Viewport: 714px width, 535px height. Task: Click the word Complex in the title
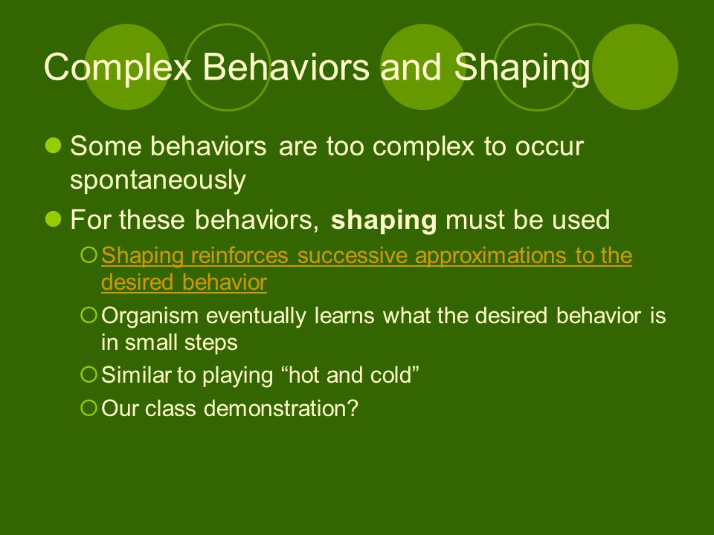pyautogui.click(x=118, y=68)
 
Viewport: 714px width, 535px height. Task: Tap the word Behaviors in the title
pyautogui.click(x=286, y=67)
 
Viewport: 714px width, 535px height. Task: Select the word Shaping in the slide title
pyautogui.click(x=522, y=68)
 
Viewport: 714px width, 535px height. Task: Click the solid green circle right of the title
pyautogui.click(x=635, y=67)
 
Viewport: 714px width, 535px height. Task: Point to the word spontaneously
pyautogui.click(x=158, y=180)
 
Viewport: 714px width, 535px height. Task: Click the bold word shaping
pyautogui.click(x=384, y=221)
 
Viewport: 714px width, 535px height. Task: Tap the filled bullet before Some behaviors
pyautogui.click(x=54, y=146)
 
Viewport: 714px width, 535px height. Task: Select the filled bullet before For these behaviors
pyautogui.click(x=54, y=218)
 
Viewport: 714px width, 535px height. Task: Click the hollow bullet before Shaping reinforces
pyautogui.click(x=89, y=255)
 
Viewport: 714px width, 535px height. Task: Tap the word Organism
pyautogui.click(x=149, y=317)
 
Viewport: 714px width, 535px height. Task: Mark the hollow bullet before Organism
pyautogui.click(x=89, y=315)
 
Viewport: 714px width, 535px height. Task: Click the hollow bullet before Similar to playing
pyautogui.click(x=89, y=374)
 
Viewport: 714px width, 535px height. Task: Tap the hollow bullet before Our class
pyautogui.click(x=89, y=408)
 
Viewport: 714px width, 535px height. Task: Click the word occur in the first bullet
pyautogui.click(x=549, y=148)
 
